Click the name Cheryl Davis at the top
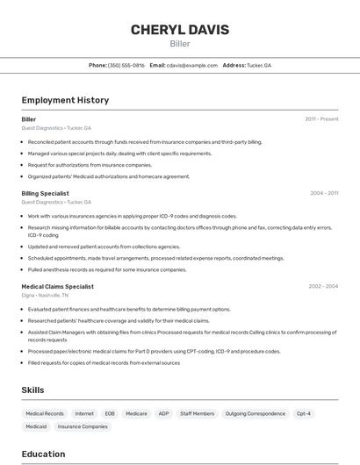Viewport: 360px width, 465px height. point(180,30)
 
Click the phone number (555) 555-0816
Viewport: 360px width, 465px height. point(126,65)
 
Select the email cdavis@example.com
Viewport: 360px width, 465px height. point(192,65)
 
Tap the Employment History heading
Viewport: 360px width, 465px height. point(65,100)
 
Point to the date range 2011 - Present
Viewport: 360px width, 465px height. point(321,118)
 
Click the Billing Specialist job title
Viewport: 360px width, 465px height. point(45,193)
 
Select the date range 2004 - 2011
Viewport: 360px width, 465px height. point(324,193)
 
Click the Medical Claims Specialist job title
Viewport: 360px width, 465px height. point(57,286)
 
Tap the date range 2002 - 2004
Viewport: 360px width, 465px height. point(323,286)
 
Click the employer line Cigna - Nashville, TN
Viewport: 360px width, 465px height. point(46,296)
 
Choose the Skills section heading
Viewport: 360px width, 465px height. point(32,390)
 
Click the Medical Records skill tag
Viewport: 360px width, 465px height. point(45,413)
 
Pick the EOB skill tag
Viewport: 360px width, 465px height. point(110,413)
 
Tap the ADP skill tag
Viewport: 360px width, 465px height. point(163,413)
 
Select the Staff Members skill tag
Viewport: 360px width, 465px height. point(197,413)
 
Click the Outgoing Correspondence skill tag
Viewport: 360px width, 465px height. point(255,413)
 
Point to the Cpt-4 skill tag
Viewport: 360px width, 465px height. point(303,413)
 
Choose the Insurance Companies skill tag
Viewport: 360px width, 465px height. point(83,426)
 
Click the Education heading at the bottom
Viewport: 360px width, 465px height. point(43,454)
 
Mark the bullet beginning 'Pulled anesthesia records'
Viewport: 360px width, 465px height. point(107,269)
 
